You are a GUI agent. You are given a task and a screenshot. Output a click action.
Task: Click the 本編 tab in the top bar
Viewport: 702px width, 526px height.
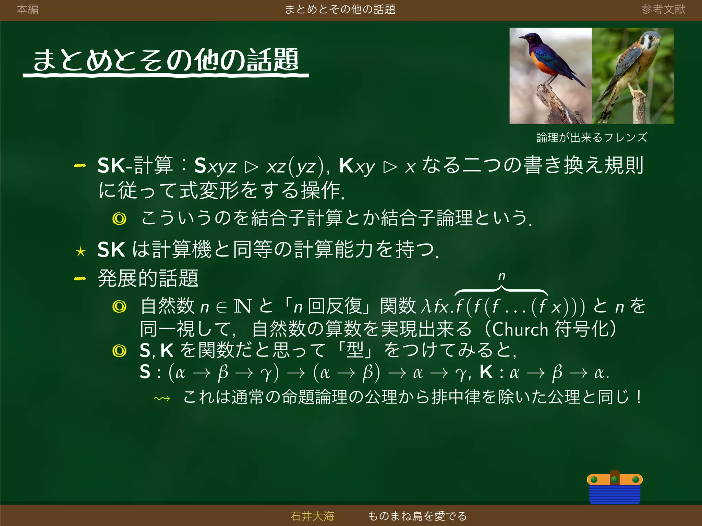tap(27, 9)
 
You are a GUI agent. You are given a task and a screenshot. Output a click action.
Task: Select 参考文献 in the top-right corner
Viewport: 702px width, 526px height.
tap(663, 9)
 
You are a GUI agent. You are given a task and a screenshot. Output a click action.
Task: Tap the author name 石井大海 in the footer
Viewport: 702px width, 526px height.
tap(312, 516)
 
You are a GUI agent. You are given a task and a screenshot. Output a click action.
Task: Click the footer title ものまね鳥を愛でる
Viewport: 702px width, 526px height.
tap(417, 516)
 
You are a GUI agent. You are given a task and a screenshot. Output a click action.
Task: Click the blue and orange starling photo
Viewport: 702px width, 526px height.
tap(550, 76)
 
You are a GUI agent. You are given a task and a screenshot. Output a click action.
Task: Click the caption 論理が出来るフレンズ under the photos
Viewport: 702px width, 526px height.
tap(592, 138)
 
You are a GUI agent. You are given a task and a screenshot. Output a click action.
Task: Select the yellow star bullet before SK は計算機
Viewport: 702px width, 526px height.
tap(81, 252)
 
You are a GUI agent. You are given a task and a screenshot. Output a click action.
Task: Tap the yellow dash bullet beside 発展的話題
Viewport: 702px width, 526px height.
tap(80, 278)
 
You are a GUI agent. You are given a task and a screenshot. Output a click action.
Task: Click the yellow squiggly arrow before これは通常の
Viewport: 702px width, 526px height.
tap(162, 398)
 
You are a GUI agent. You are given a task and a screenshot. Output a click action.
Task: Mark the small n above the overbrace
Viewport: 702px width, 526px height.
tap(501, 276)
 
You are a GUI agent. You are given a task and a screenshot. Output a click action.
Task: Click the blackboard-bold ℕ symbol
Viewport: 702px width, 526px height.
tap(243, 306)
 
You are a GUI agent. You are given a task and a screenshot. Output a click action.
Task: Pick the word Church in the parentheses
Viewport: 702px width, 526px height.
tap(520, 329)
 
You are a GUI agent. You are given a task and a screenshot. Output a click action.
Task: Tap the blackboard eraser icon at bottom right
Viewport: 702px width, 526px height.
tap(615, 487)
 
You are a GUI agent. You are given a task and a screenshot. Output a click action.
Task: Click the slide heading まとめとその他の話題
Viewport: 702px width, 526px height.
tap(166, 60)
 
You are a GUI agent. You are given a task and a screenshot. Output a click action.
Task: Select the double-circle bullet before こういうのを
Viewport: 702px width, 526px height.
tap(119, 218)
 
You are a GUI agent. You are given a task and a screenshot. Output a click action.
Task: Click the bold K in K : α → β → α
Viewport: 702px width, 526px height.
tap(486, 372)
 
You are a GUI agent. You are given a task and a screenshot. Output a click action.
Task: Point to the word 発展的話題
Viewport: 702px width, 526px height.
tap(148, 278)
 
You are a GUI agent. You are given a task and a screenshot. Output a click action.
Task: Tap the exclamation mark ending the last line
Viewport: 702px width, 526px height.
tap(639, 397)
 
